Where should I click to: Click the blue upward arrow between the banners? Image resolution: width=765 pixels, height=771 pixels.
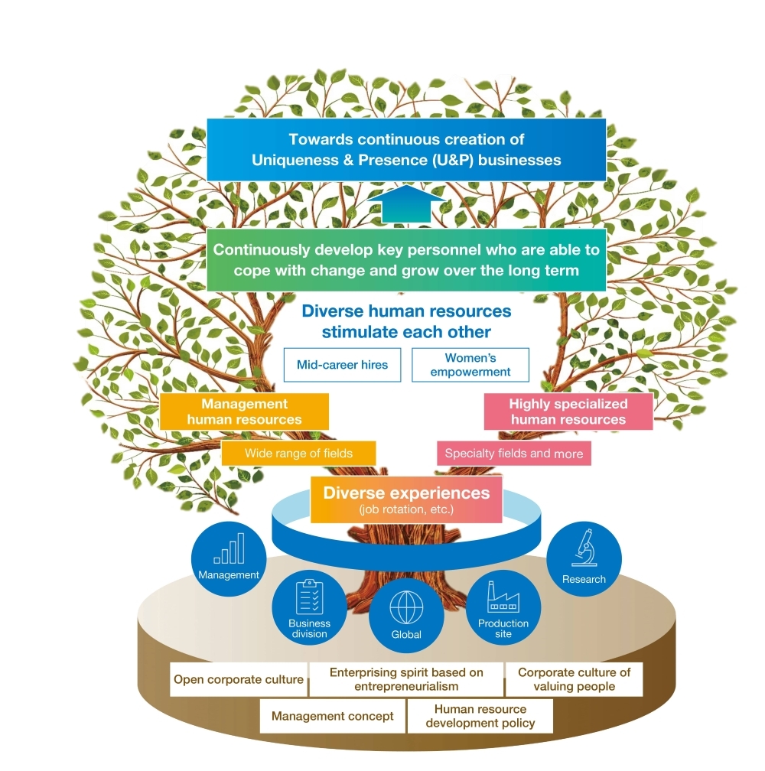click(x=406, y=205)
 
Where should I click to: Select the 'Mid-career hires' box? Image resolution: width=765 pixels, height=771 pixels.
click(x=342, y=365)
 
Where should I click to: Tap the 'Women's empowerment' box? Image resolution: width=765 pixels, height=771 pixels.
click(x=470, y=365)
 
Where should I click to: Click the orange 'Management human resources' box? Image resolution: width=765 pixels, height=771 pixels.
click(x=244, y=412)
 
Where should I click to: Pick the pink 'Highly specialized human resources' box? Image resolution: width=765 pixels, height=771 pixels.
click(x=568, y=412)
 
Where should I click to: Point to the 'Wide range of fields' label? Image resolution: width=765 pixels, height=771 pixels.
click(x=298, y=454)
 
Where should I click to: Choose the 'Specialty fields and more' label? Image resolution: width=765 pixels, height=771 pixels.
click(x=513, y=454)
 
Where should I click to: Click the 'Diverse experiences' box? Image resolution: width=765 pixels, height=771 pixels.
click(x=406, y=499)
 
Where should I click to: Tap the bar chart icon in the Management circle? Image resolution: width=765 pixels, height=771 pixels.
click(x=229, y=549)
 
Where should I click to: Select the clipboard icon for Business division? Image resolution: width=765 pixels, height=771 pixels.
click(x=309, y=597)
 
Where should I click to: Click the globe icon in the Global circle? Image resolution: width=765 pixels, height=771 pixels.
click(x=405, y=608)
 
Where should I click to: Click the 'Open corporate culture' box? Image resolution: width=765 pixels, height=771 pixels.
click(x=239, y=679)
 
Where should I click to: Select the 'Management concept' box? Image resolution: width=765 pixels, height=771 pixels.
click(x=333, y=717)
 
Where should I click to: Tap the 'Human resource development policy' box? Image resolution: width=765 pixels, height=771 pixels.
click(x=480, y=717)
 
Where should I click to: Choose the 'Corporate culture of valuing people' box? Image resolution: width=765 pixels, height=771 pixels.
click(x=574, y=679)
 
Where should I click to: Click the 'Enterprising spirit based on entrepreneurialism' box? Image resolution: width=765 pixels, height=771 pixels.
click(x=406, y=679)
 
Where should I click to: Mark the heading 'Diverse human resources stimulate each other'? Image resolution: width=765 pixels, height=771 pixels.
click(x=406, y=322)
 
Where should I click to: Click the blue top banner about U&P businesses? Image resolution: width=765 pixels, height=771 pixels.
click(x=406, y=150)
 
